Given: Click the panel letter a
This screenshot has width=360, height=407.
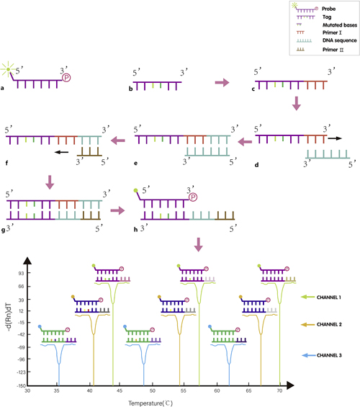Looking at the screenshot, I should point(4,89).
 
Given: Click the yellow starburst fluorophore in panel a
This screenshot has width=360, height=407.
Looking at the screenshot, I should point(9,69).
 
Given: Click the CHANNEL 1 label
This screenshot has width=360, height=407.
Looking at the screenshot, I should point(331,296).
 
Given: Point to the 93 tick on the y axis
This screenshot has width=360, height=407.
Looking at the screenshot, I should point(21,274).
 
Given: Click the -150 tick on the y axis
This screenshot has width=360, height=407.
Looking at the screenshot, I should point(19,385).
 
